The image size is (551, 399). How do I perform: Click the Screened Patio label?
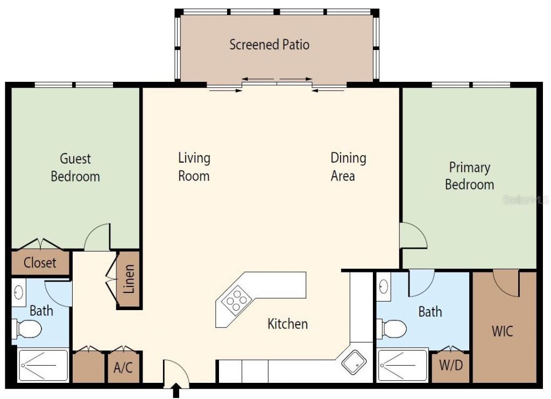(269, 44)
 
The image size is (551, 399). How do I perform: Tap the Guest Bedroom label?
(75, 167)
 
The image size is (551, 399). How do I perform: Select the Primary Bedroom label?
(469, 176)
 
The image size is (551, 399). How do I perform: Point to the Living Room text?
(194, 167)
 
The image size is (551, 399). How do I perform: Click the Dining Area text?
(348, 167)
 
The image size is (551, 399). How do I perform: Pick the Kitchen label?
(288, 324)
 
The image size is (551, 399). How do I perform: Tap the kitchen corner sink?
(355, 362)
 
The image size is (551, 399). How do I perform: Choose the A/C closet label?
(123, 368)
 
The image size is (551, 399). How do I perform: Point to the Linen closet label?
(129, 279)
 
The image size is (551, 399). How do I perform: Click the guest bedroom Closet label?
(40, 263)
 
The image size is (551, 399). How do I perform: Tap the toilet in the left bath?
(27, 328)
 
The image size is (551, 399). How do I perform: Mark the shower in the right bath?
(402, 366)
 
